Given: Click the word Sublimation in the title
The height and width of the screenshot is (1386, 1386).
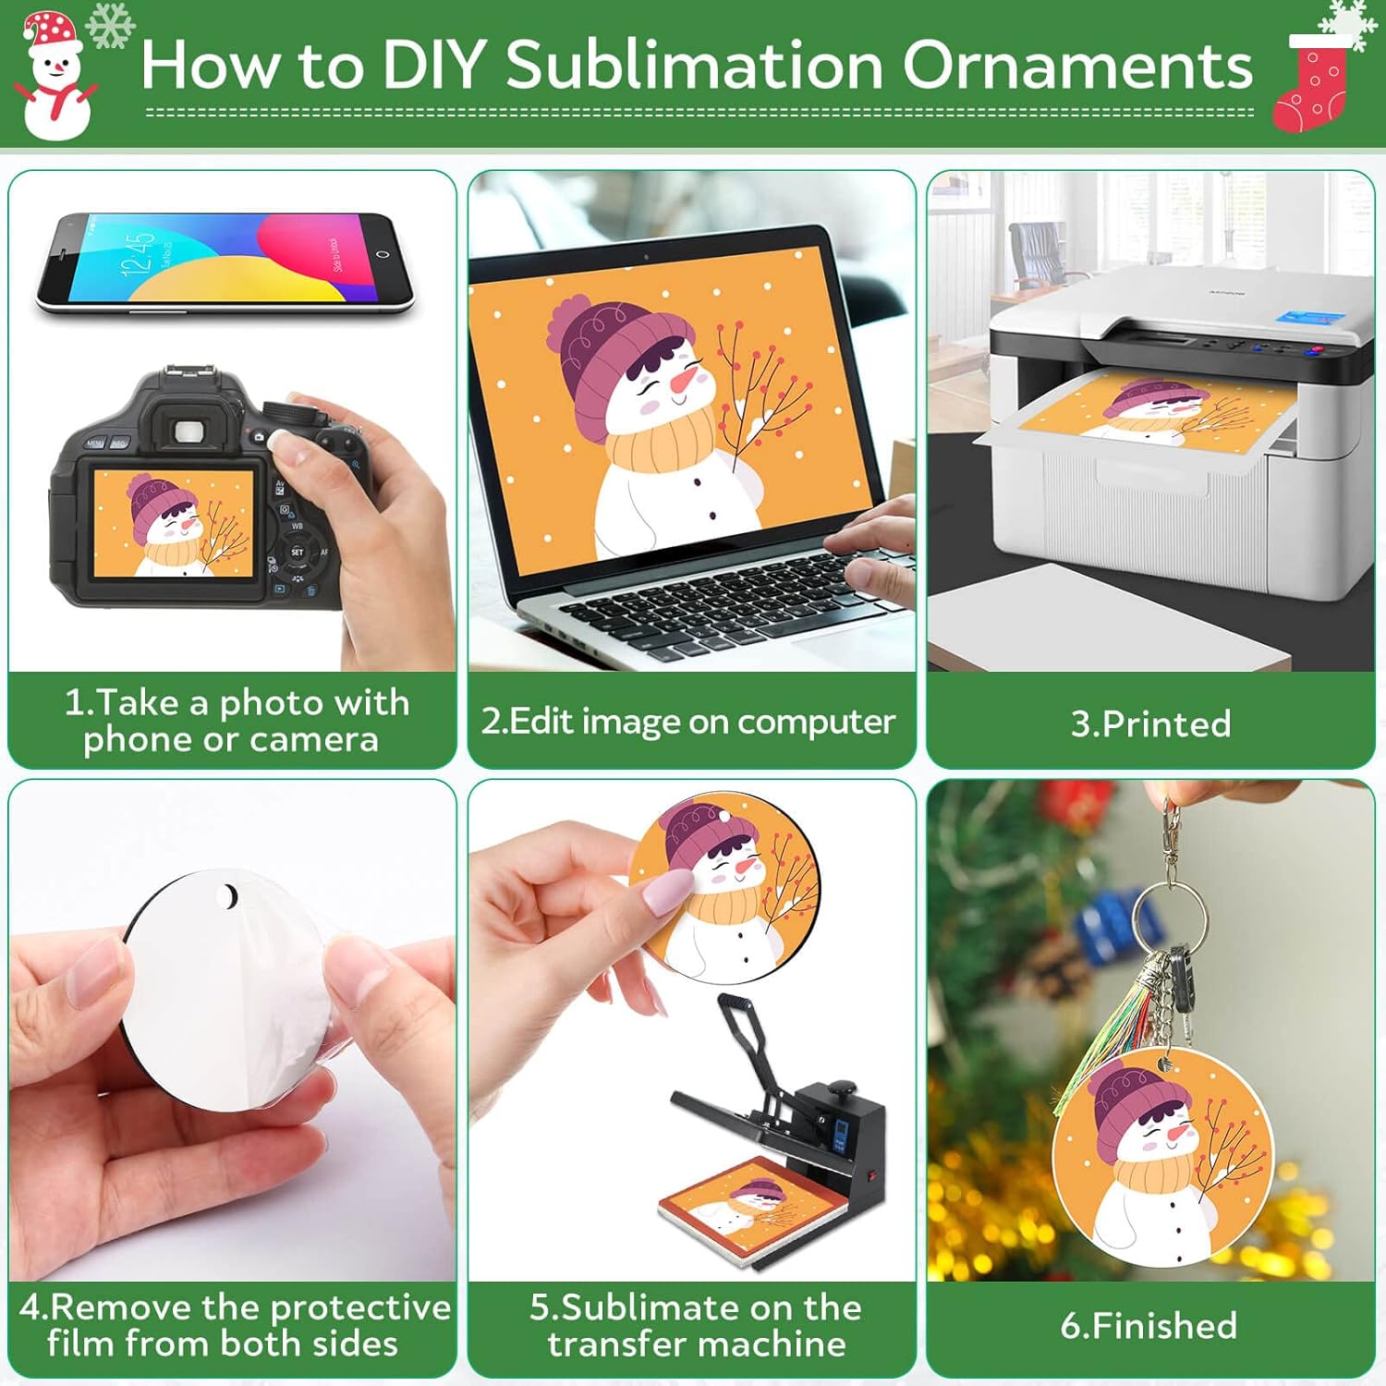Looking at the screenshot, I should click(695, 67).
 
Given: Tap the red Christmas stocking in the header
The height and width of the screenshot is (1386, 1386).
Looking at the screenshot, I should click(1311, 88).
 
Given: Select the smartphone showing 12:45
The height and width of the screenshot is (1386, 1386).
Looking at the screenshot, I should click(225, 262).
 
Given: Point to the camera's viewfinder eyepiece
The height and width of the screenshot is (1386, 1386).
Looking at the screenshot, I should click(188, 431).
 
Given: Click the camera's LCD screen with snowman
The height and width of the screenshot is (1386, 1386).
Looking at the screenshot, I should click(173, 524).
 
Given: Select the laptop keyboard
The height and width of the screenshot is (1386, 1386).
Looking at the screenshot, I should click(730, 605).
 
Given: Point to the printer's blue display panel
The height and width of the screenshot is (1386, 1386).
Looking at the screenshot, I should click(1309, 318).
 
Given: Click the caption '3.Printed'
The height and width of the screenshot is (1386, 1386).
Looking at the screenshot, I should click(1150, 723).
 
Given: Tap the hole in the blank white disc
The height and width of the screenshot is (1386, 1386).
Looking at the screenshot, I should click(227, 895).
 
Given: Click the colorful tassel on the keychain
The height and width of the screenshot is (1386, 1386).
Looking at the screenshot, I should click(1104, 1035).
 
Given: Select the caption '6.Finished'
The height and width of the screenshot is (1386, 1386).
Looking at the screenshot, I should click(1149, 1326).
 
